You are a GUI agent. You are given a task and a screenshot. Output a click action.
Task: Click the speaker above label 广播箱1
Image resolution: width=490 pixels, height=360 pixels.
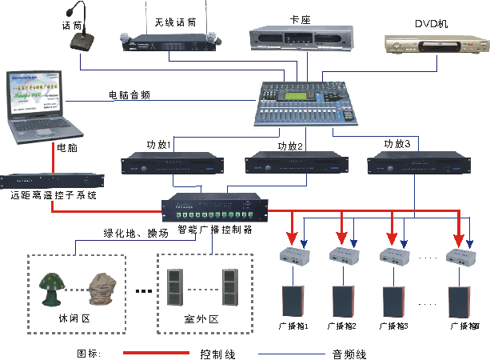click(292, 301)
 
